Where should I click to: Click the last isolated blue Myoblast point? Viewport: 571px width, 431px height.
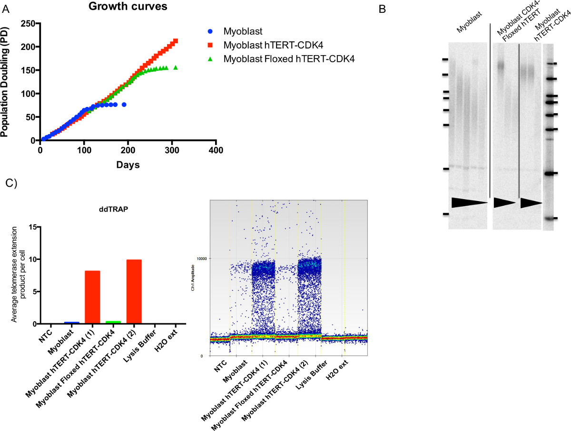pos(124,105)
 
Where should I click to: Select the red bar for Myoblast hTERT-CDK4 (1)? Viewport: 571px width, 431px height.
pos(92,297)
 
